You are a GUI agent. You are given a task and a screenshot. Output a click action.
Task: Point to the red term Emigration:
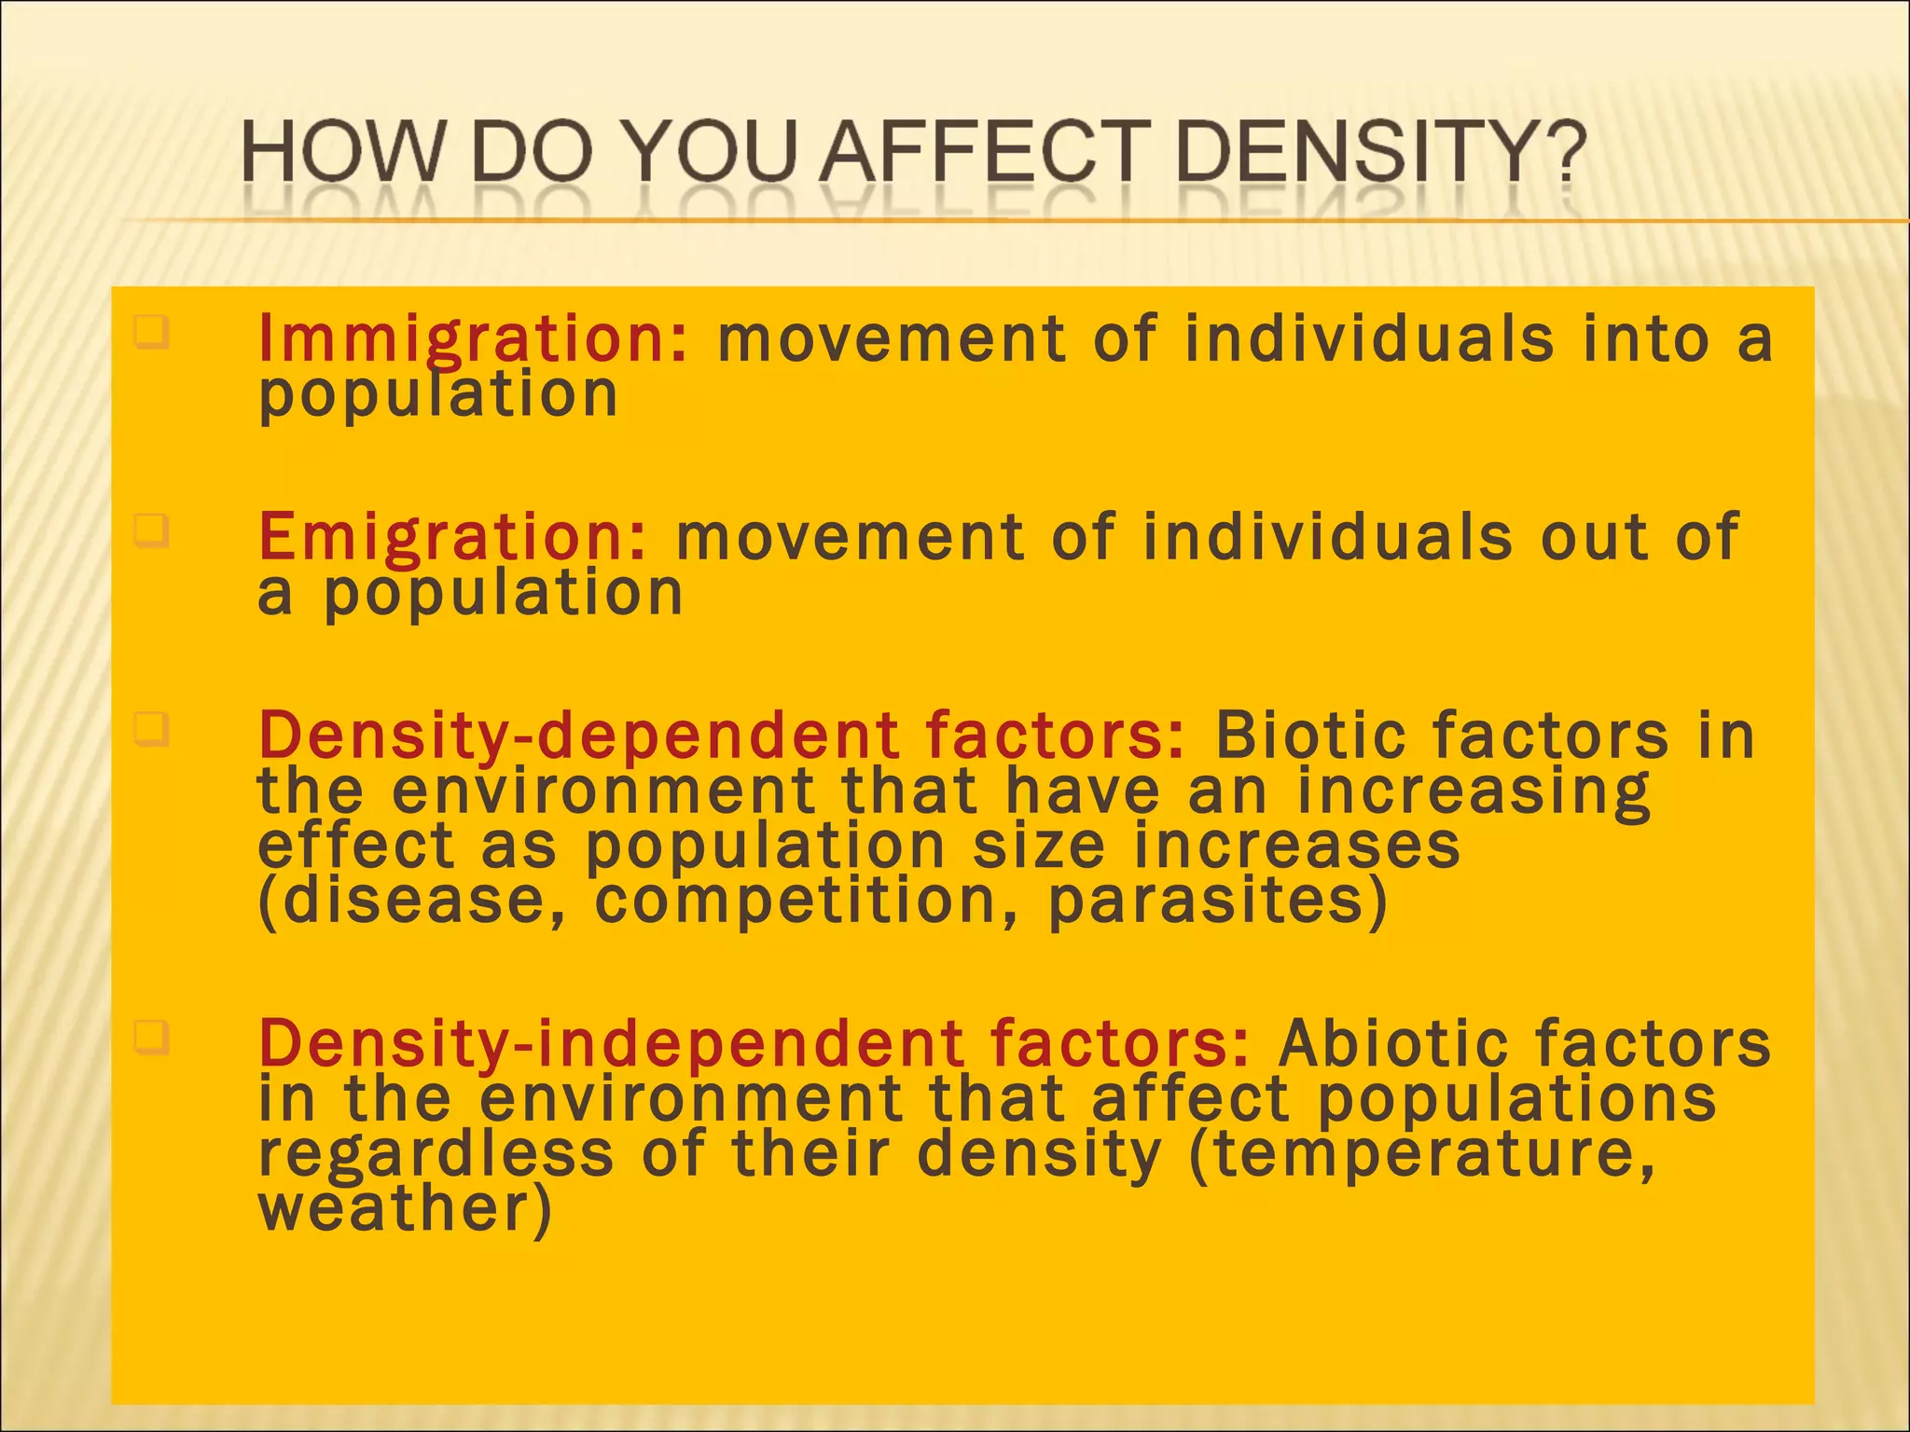[452, 538]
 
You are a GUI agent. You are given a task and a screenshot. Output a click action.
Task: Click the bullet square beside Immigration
[151, 331]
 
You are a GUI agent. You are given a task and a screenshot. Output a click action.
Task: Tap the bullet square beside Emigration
[151, 531]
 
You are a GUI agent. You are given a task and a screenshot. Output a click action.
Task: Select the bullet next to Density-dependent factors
[151, 729]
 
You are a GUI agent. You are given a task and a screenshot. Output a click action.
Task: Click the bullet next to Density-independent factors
[151, 1036]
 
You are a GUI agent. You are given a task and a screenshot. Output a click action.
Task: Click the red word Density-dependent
[578, 737]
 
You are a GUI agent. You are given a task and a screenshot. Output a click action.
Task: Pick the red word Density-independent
[611, 1043]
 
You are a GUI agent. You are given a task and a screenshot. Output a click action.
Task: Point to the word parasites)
[1218, 902]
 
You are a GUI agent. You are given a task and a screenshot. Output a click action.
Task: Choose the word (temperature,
[1422, 1154]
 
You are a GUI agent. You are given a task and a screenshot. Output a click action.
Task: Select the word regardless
[436, 1154]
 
